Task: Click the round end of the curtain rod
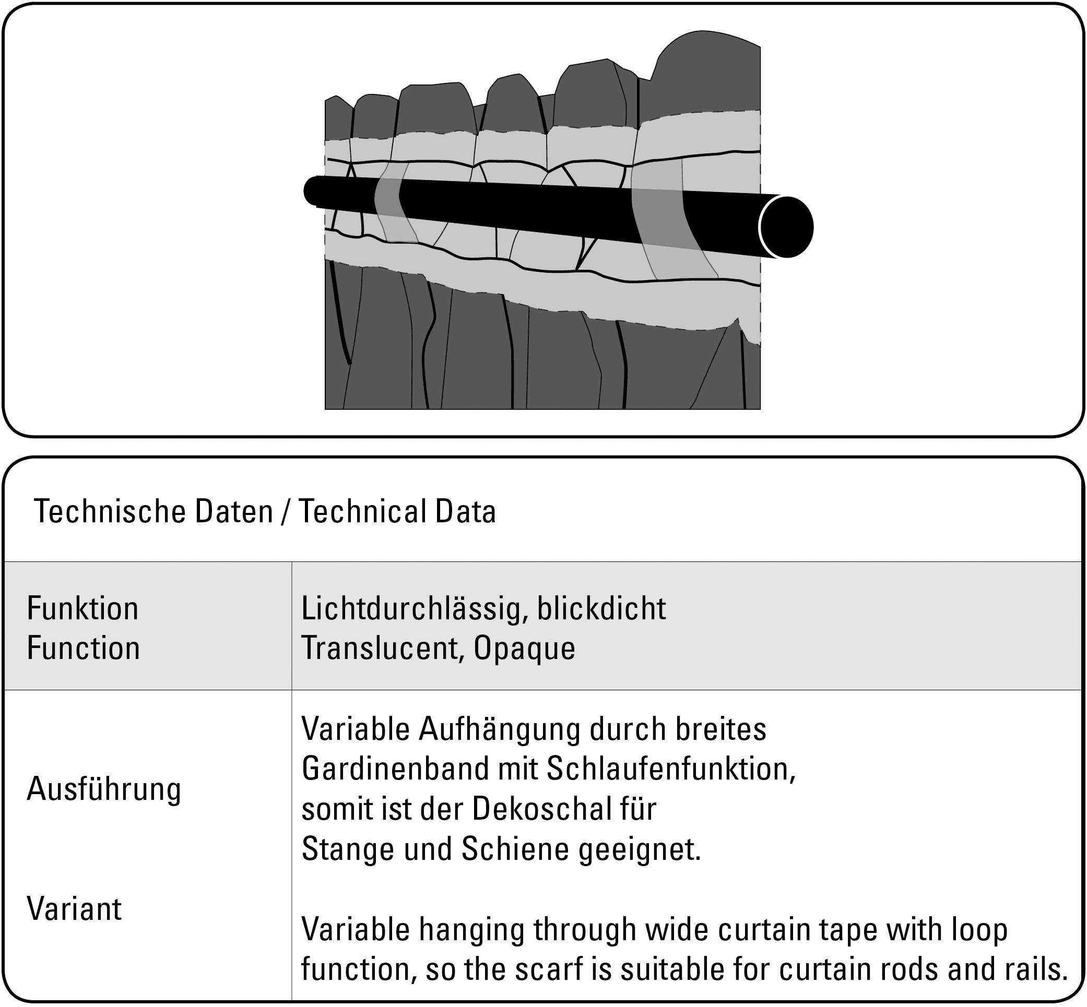[786, 226]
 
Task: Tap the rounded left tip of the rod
[311, 191]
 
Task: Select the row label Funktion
[82, 608]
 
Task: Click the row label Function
[83, 649]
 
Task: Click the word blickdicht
[601, 608]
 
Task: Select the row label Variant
[74, 909]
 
